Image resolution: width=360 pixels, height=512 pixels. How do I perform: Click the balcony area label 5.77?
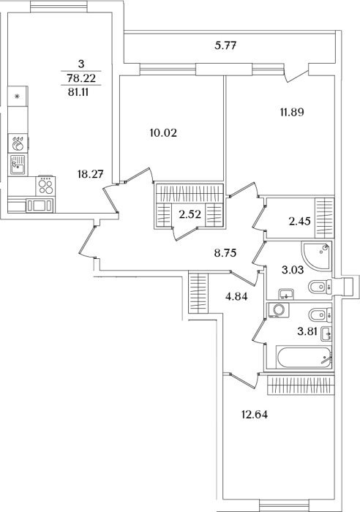click(x=225, y=45)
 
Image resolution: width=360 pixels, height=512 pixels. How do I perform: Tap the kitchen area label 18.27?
click(x=91, y=174)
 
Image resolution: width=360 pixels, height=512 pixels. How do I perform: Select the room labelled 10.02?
click(x=163, y=133)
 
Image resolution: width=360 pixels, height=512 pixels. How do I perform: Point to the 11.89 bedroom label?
click(x=292, y=113)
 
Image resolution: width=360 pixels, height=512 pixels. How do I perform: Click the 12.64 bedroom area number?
click(x=255, y=415)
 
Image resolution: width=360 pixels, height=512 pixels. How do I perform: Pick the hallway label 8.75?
click(x=225, y=253)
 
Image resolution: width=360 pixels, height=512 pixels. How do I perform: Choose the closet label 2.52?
click(x=190, y=214)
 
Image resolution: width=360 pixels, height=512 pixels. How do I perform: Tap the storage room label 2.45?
click(x=299, y=222)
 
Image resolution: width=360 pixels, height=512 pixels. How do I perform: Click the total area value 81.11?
click(x=79, y=92)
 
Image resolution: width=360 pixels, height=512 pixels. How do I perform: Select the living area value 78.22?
click(x=81, y=78)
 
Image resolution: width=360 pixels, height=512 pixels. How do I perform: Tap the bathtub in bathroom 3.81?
click(x=304, y=358)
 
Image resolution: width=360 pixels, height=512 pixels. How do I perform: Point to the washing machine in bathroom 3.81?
click(x=278, y=309)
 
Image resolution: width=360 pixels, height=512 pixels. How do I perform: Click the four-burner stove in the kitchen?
click(x=45, y=186)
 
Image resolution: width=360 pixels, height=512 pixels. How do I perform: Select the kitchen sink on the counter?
click(x=18, y=165)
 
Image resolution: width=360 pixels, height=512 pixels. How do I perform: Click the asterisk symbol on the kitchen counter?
click(x=18, y=96)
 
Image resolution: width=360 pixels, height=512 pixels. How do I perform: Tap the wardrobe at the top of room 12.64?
click(x=301, y=385)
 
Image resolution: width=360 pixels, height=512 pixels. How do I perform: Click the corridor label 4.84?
click(x=236, y=296)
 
